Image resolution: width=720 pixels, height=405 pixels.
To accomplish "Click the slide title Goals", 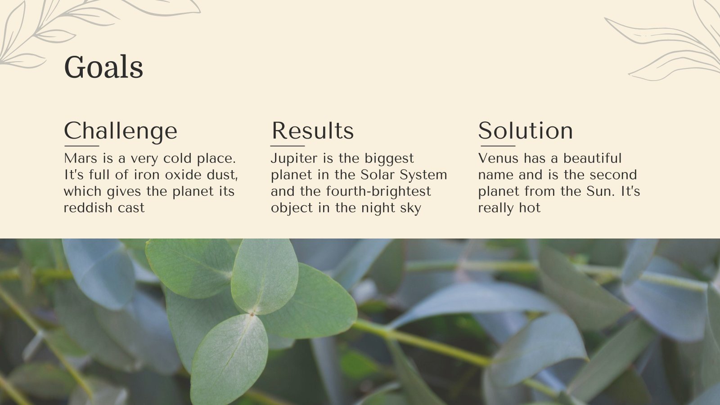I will (103, 67).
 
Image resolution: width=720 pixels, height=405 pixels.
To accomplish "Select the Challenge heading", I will (121, 131).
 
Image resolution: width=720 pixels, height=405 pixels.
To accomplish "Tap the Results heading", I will (312, 131).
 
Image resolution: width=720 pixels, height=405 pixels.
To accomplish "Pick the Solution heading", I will (525, 131).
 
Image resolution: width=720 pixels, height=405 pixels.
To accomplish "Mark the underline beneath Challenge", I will (81, 146).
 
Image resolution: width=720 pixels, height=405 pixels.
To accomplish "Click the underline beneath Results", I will (288, 146).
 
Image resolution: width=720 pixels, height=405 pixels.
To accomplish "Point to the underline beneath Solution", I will (498, 146).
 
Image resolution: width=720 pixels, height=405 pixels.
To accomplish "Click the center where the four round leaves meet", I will (252, 313).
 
